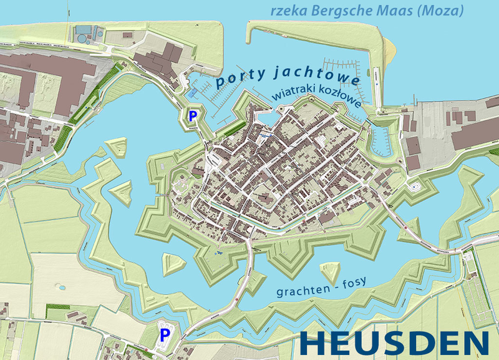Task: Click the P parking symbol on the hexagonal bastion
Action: point(193,115)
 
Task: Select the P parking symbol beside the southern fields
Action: point(165,334)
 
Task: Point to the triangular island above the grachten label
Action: point(329,272)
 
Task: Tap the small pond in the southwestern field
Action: point(62,288)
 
